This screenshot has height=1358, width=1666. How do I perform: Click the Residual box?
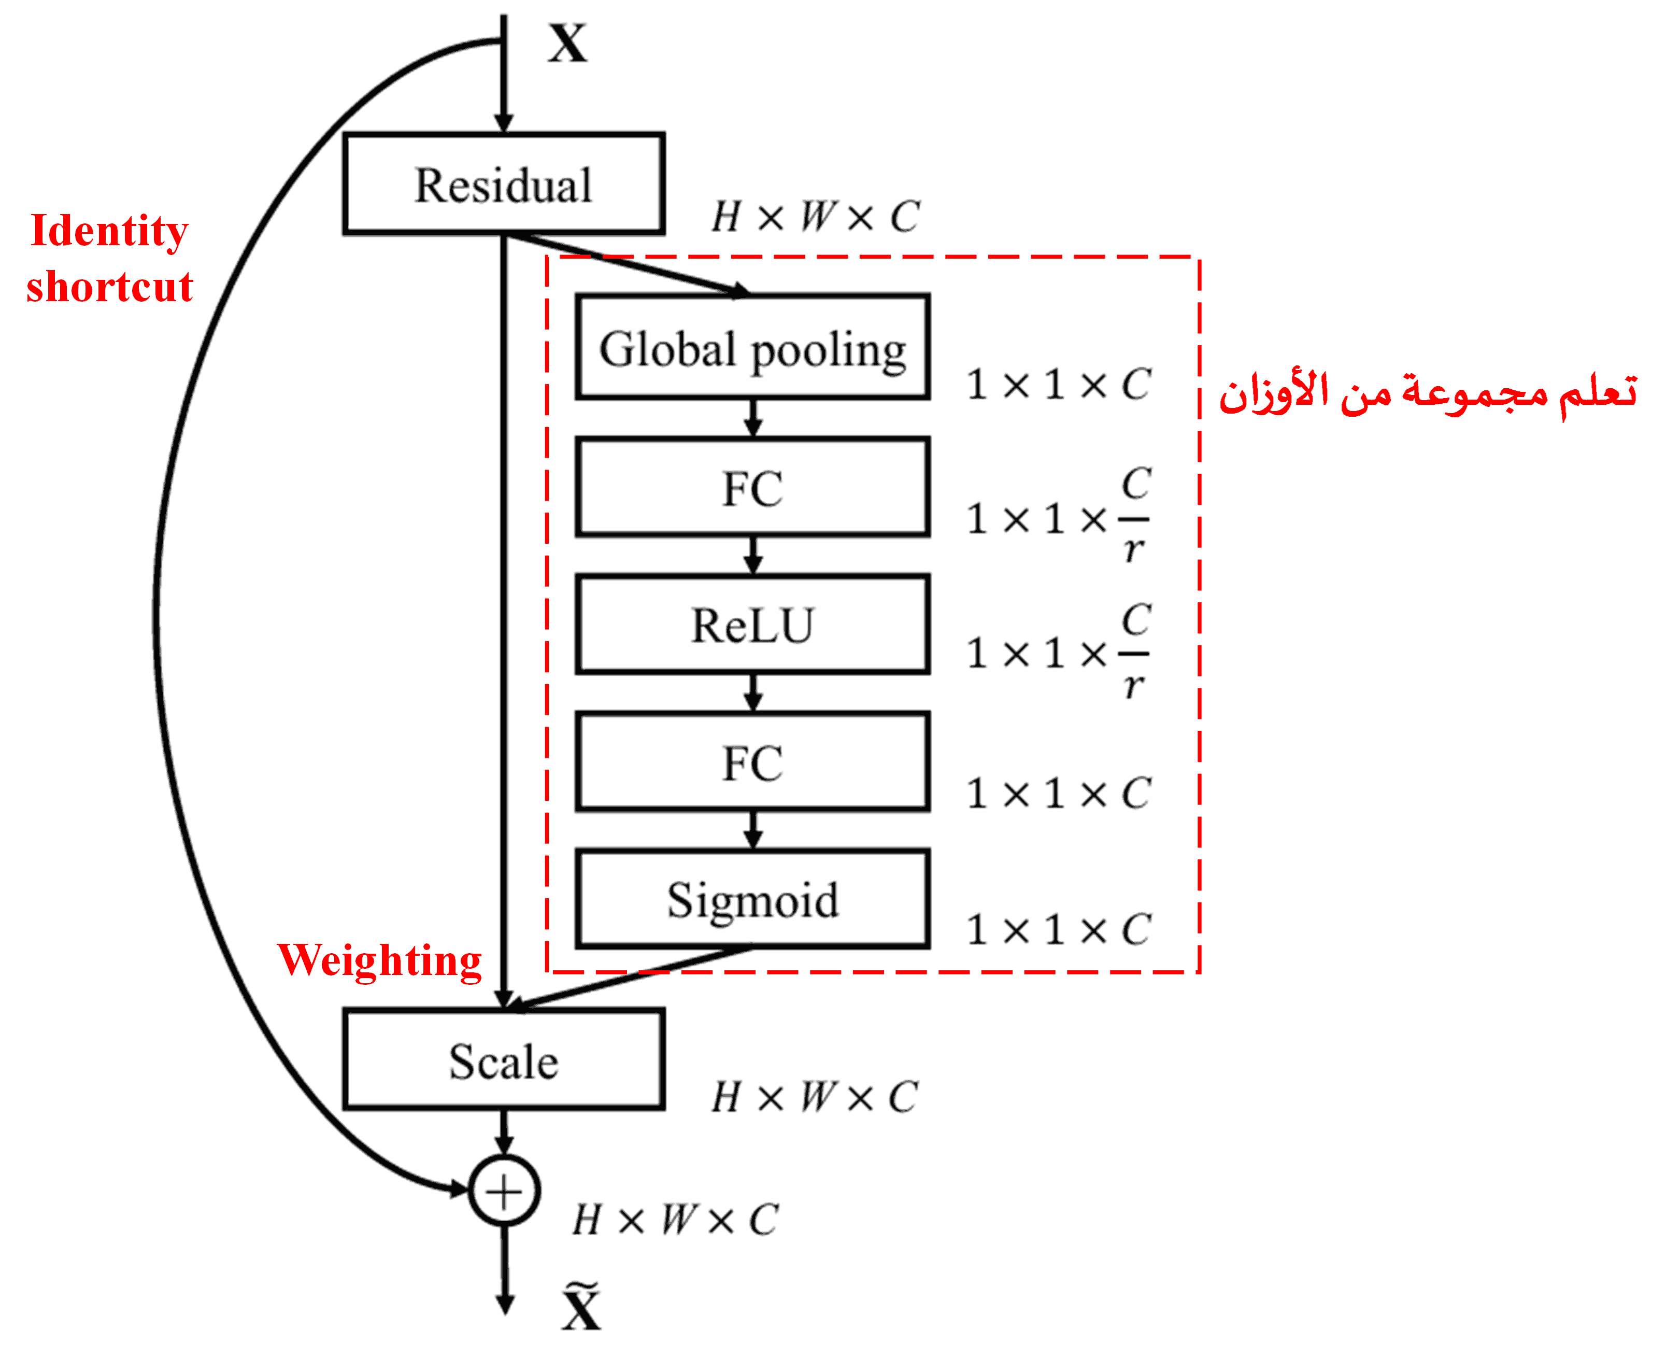[x=503, y=185]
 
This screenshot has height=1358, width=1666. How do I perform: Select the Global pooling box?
[x=752, y=348]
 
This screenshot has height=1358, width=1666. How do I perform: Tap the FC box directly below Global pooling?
[x=752, y=488]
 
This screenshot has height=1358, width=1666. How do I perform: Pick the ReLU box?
[x=752, y=625]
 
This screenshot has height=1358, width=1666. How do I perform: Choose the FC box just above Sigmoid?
[x=752, y=762]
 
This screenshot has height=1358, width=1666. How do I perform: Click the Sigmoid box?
[x=752, y=900]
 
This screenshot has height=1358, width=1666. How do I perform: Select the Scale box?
[x=503, y=1060]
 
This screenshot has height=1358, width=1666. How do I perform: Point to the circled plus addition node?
[x=504, y=1192]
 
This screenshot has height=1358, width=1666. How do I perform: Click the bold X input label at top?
[x=567, y=44]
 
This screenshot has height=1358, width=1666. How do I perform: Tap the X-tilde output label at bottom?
[x=581, y=1307]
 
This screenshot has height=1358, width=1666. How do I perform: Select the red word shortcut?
[x=109, y=286]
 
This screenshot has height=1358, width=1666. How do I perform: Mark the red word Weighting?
[x=380, y=960]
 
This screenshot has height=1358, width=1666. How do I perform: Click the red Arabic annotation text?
[x=1428, y=393]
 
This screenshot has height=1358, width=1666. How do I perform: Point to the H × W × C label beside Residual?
[x=815, y=217]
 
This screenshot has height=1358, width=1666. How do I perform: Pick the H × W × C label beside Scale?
[x=814, y=1097]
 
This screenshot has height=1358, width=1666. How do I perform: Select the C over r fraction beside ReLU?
[x=1135, y=653]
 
